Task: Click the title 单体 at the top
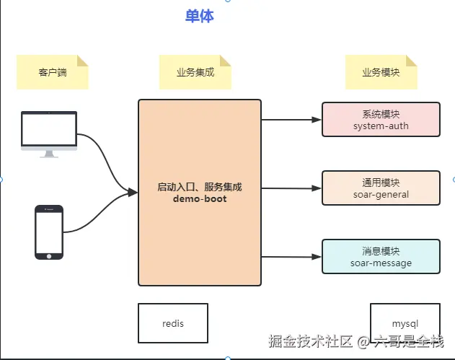pos(199,16)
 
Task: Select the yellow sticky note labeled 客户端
pos(53,72)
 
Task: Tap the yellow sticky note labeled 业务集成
pos(195,72)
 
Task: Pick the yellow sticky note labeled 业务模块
pos(381,72)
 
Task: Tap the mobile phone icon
pos(49,232)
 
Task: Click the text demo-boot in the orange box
pos(200,198)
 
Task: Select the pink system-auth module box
pos(381,120)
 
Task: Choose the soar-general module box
pos(381,188)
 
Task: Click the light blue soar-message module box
pos(381,257)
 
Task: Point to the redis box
pos(173,323)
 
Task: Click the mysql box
pos(405,323)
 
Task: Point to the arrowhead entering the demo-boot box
pos(133,192)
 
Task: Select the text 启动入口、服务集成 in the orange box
pos(200,187)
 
